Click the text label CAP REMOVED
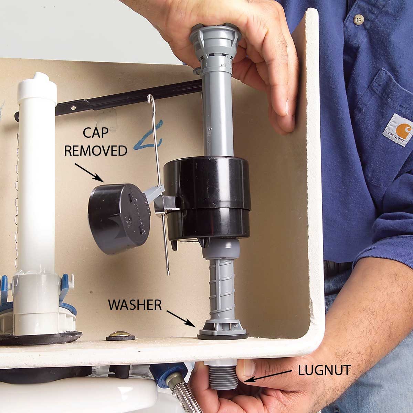click(96, 141)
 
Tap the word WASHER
click(135, 304)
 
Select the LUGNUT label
click(324, 370)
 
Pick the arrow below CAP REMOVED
click(89, 172)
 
